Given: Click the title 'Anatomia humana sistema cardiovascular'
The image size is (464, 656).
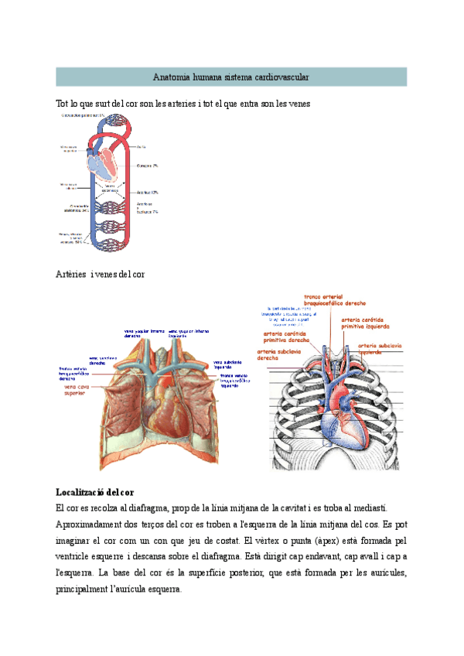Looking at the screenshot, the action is click(231, 77).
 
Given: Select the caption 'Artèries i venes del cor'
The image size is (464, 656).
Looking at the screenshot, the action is click(100, 274).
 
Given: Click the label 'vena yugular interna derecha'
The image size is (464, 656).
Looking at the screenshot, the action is click(145, 334).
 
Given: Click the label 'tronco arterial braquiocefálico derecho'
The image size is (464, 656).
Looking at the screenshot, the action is click(335, 300).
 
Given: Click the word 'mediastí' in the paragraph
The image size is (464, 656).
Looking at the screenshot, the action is click(375, 507).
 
